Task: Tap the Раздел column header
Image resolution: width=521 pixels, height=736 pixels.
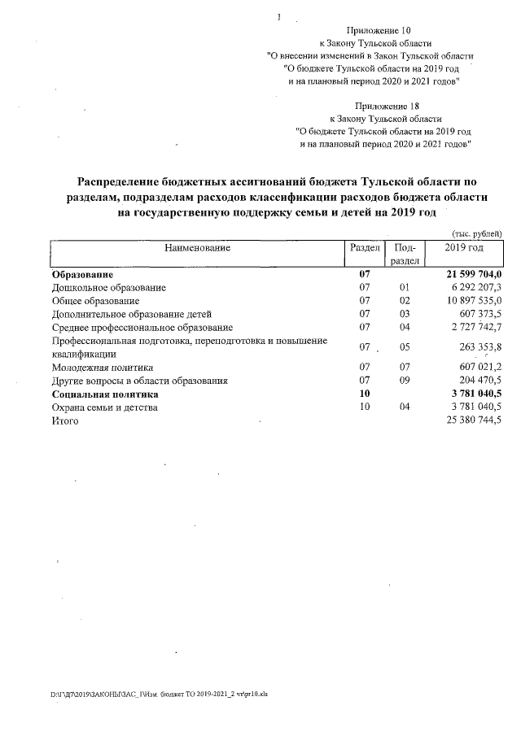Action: pos(364,247)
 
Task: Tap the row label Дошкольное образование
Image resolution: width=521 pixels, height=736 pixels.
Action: pos(109,288)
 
